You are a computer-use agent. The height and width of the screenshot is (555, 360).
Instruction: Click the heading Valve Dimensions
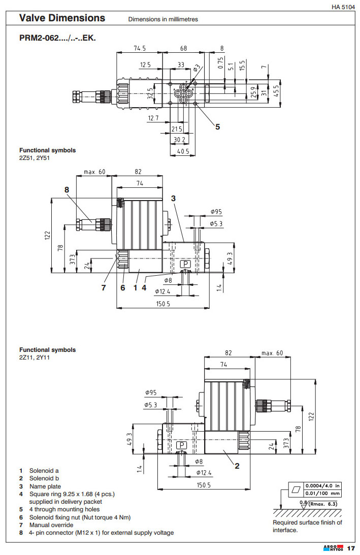coord(62,18)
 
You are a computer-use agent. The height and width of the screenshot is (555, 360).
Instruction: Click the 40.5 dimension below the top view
coord(183,151)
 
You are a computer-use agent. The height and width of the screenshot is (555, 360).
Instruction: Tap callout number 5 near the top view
coord(217,127)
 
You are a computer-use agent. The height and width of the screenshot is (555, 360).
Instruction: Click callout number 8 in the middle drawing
coord(67,189)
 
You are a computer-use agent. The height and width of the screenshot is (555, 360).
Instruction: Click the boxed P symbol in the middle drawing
coord(185,264)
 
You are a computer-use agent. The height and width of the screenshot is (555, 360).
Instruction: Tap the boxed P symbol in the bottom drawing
coord(181,445)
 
